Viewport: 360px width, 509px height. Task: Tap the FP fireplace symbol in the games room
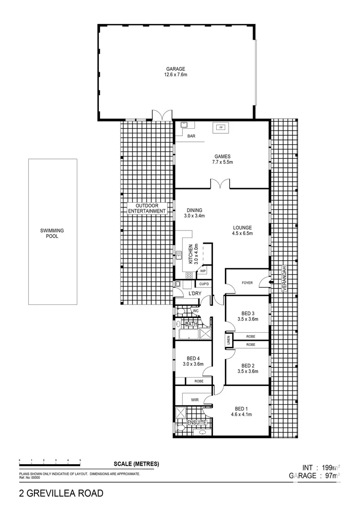coord(220,127)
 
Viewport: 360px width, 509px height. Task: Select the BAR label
coord(192,137)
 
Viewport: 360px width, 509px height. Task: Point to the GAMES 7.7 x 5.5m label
coord(222,159)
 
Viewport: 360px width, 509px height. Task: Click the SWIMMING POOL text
coord(52,233)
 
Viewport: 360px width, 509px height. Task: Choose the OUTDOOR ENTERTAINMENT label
coord(147,209)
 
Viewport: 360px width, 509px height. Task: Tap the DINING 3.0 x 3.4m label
coord(194,213)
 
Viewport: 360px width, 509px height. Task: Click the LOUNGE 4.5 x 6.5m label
coord(242,230)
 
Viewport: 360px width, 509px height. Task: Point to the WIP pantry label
coord(203,271)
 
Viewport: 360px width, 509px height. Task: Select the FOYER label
coord(247,283)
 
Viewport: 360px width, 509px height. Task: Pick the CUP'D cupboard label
coord(204,284)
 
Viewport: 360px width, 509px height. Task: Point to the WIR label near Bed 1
coord(195,400)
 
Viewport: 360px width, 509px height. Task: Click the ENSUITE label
coord(197,423)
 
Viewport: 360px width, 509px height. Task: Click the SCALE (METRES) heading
coord(136,464)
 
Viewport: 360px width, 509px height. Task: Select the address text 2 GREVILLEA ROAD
coord(61,493)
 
